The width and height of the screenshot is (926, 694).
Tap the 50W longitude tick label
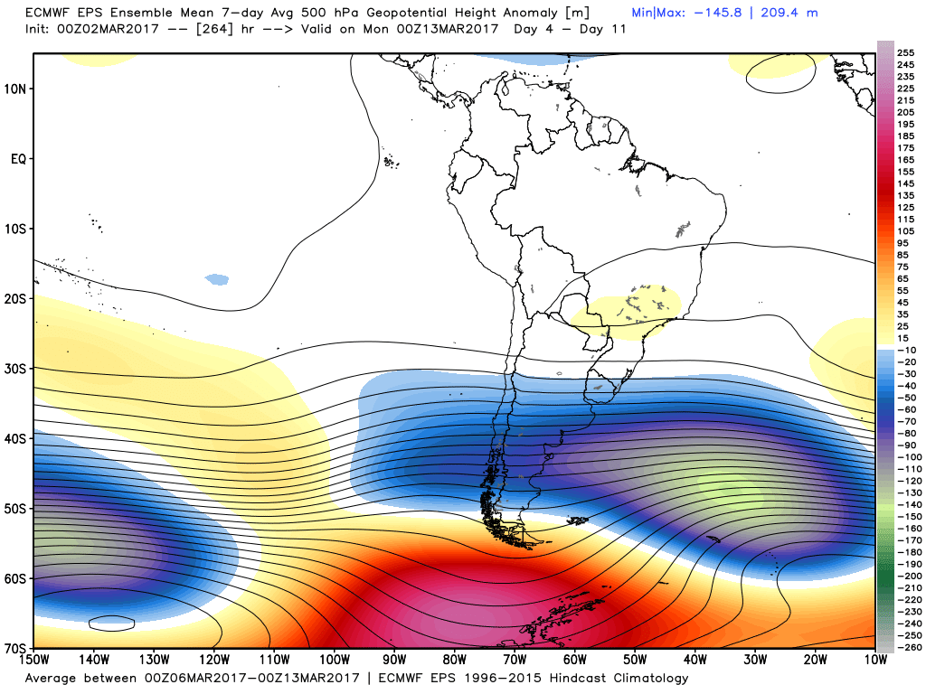pos(635,661)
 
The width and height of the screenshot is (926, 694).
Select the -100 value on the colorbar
pos(907,457)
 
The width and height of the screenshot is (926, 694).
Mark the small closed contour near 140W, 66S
pos(112,623)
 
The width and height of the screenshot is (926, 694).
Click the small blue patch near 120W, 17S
pos(217,280)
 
